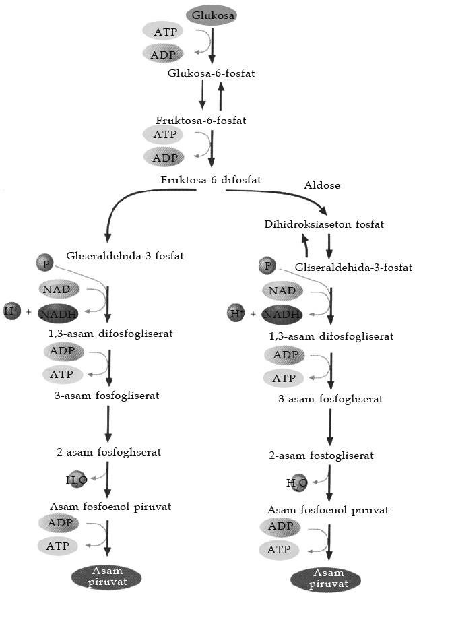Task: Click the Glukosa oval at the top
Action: [x=211, y=15]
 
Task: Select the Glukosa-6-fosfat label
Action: [x=211, y=72]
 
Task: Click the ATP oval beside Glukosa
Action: [x=166, y=31]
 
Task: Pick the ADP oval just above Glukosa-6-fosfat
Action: [x=166, y=54]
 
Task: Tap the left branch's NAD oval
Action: [x=59, y=290]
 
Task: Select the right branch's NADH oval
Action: [x=278, y=314]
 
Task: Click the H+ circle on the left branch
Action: [x=11, y=311]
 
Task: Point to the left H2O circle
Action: [x=76, y=480]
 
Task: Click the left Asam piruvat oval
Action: [x=106, y=576]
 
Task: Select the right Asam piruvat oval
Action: [x=325, y=579]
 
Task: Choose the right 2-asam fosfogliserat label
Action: [x=321, y=456]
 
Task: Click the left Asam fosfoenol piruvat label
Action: [x=110, y=507]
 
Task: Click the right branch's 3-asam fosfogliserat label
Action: [x=330, y=399]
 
